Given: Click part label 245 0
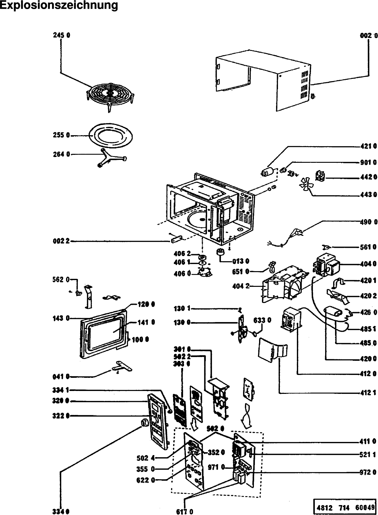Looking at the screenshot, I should (62, 36).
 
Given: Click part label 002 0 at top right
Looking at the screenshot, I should (369, 36).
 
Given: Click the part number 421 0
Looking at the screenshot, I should (368, 147).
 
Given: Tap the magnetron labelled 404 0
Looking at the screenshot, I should (325, 264).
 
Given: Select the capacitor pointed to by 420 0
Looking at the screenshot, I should (334, 312).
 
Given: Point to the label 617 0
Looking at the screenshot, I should (185, 511).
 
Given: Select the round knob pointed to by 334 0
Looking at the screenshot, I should (144, 422).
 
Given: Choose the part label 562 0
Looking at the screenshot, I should (61, 279).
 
